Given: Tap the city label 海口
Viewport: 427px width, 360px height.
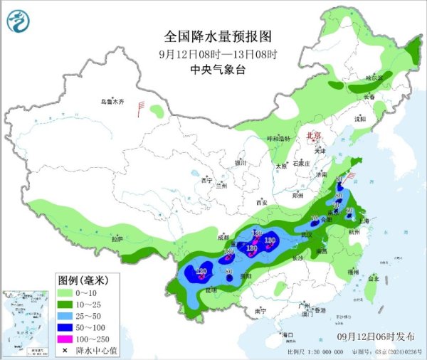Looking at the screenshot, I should tap(288, 334).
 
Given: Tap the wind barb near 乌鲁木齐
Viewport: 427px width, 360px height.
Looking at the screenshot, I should tap(142, 107).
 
